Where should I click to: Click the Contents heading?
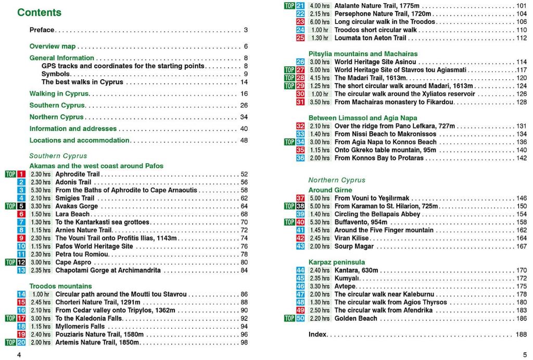click(x=39, y=13)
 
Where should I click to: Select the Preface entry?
click(x=42, y=30)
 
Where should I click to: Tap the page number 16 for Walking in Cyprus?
click(x=244, y=94)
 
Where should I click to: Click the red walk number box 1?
click(x=21, y=174)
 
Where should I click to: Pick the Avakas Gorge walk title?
click(x=77, y=206)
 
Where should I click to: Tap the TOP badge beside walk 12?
click(x=10, y=262)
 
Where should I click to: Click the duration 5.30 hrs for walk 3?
click(x=40, y=190)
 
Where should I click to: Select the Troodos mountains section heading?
click(x=60, y=286)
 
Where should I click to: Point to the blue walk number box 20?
click(x=21, y=342)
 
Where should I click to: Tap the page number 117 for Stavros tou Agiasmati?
click(x=521, y=70)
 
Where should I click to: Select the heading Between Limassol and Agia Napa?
click(x=363, y=118)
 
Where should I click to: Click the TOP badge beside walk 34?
click(x=289, y=142)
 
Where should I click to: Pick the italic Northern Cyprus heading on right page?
click(x=337, y=180)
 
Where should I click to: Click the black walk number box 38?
click(x=300, y=206)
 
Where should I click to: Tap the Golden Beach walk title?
click(x=356, y=318)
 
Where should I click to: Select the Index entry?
click(x=318, y=334)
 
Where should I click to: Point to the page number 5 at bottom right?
click(x=524, y=355)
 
